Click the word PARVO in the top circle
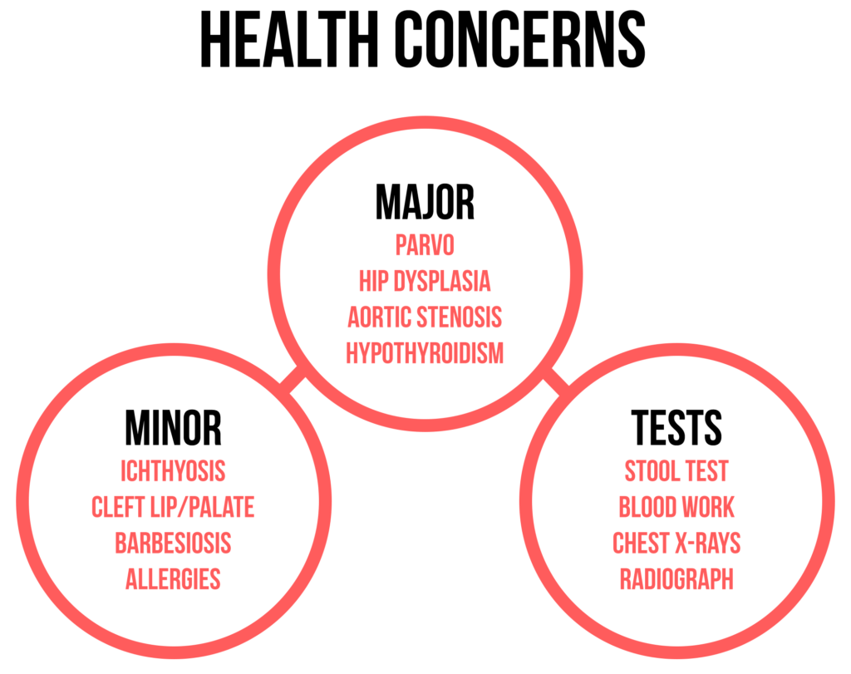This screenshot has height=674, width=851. click(x=425, y=245)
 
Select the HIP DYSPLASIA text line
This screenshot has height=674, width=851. click(x=425, y=281)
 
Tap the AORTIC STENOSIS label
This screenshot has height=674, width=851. click(x=425, y=317)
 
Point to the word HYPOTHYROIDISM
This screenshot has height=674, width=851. click(x=425, y=353)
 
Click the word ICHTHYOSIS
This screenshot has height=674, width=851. click(x=173, y=471)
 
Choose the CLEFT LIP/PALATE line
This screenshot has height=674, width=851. click(x=173, y=507)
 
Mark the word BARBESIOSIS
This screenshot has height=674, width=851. click(x=173, y=543)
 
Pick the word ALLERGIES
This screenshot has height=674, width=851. click(x=173, y=578)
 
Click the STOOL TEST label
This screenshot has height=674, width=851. click(x=676, y=471)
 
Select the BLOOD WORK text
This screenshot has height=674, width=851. click(x=676, y=507)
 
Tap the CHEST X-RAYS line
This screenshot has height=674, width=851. click(x=676, y=543)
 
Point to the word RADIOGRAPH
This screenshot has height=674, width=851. click(x=676, y=578)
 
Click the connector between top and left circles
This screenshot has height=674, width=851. click(x=293, y=382)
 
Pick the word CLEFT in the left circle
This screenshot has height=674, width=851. click(x=114, y=507)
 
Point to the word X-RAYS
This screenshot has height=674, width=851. click(x=709, y=543)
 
